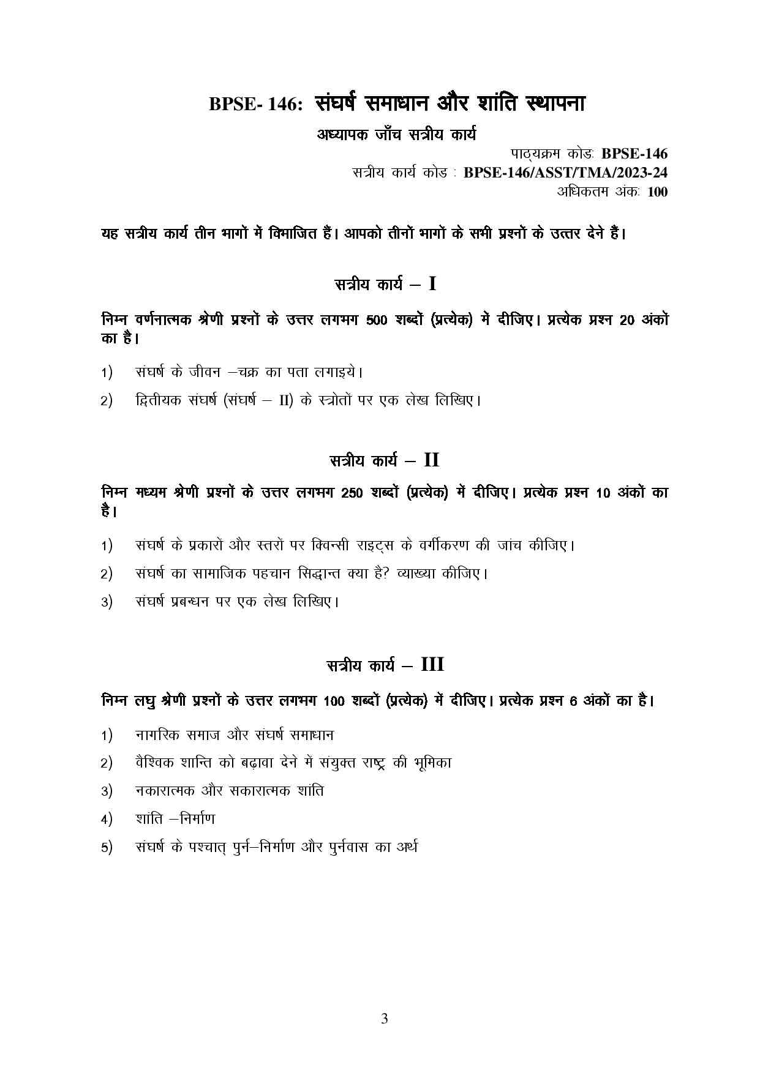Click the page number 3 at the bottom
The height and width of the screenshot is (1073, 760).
click(384, 1019)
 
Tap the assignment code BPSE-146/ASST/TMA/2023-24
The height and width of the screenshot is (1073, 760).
click(565, 173)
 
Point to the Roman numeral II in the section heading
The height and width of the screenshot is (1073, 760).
click(431, 460)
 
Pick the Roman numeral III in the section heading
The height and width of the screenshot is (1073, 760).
click(432, 665)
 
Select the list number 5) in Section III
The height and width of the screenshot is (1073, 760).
click(107, 848)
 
